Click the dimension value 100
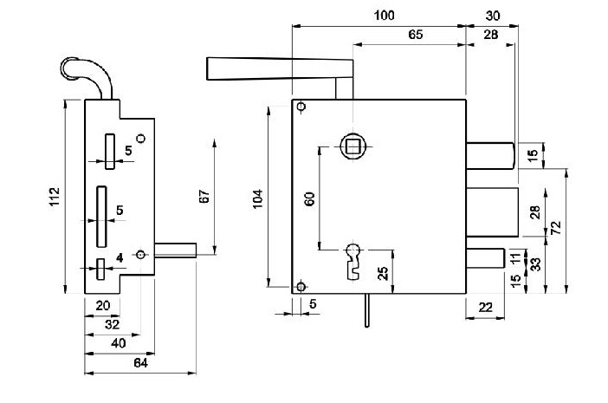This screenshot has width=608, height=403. tap(385, 16)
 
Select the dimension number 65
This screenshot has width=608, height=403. tap(415, 35)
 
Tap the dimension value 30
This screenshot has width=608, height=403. tap(492, 16)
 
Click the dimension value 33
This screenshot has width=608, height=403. tap(537, 263)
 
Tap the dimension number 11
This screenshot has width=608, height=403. tap(517, 257)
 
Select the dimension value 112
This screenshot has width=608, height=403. tap(54, 198)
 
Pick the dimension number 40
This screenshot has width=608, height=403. tap(120, 342)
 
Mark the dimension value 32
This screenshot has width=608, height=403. tap(113, 324)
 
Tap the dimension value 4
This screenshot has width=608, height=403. tap(120, 257)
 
